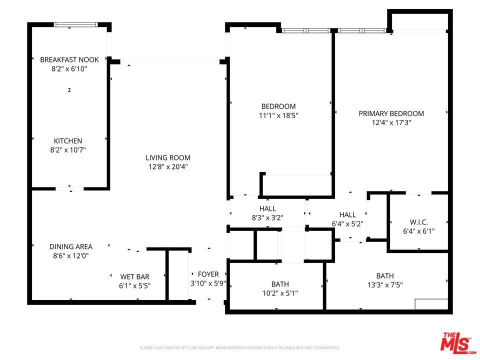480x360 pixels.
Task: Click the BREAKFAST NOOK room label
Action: (69, 59)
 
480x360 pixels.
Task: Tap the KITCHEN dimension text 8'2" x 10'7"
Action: (68, 150)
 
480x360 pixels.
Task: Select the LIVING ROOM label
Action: (168, 157)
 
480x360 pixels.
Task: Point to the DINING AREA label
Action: (70, 246)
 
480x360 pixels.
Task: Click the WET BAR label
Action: (134, 276)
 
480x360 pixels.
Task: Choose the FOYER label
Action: (208, 274)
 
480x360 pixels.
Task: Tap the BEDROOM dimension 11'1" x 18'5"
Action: (278, 115)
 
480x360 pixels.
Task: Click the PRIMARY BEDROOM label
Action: (391, 113)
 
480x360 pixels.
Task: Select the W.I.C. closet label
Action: (419, 222)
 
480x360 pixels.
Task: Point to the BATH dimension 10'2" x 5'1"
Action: (280, 293)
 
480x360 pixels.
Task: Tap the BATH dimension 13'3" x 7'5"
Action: (385, 285)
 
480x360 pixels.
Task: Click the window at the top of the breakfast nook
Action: (76, 25)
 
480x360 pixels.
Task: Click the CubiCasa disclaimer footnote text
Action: (239, 348)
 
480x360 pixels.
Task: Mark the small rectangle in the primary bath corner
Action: (431, 304)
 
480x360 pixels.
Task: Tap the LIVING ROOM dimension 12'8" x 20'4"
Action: (168, 167)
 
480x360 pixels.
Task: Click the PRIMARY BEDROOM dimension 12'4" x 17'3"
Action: (391, 123)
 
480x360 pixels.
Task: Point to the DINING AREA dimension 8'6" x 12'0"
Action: (70, 255)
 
